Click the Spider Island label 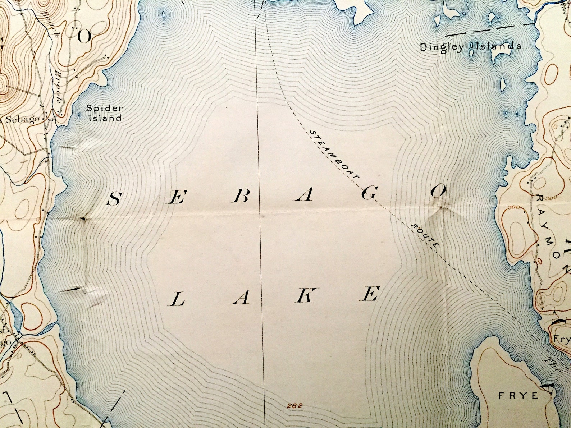click(x=105, y=112)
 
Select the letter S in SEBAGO click(x=114, y=199)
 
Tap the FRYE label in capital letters click(x=519, y=396)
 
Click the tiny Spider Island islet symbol click(x=80, y=114)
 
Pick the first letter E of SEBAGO click(x=178, y=198)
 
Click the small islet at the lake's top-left click(x=164, y=15)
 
